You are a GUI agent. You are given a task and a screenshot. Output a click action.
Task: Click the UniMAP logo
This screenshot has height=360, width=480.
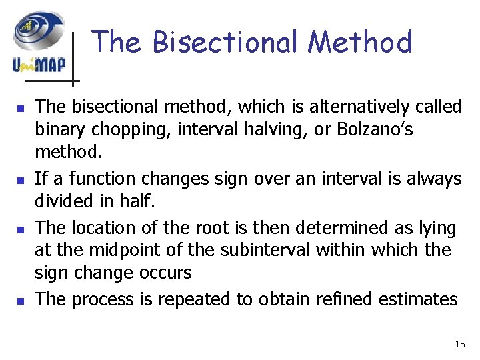(x=38, y=42)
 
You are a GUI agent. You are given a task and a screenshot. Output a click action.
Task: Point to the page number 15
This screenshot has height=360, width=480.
(x=459, y=344)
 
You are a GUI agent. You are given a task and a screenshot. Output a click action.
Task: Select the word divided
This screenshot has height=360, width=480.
(x=63, y=201)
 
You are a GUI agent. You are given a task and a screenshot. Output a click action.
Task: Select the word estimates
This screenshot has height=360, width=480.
(x=418, y=299)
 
